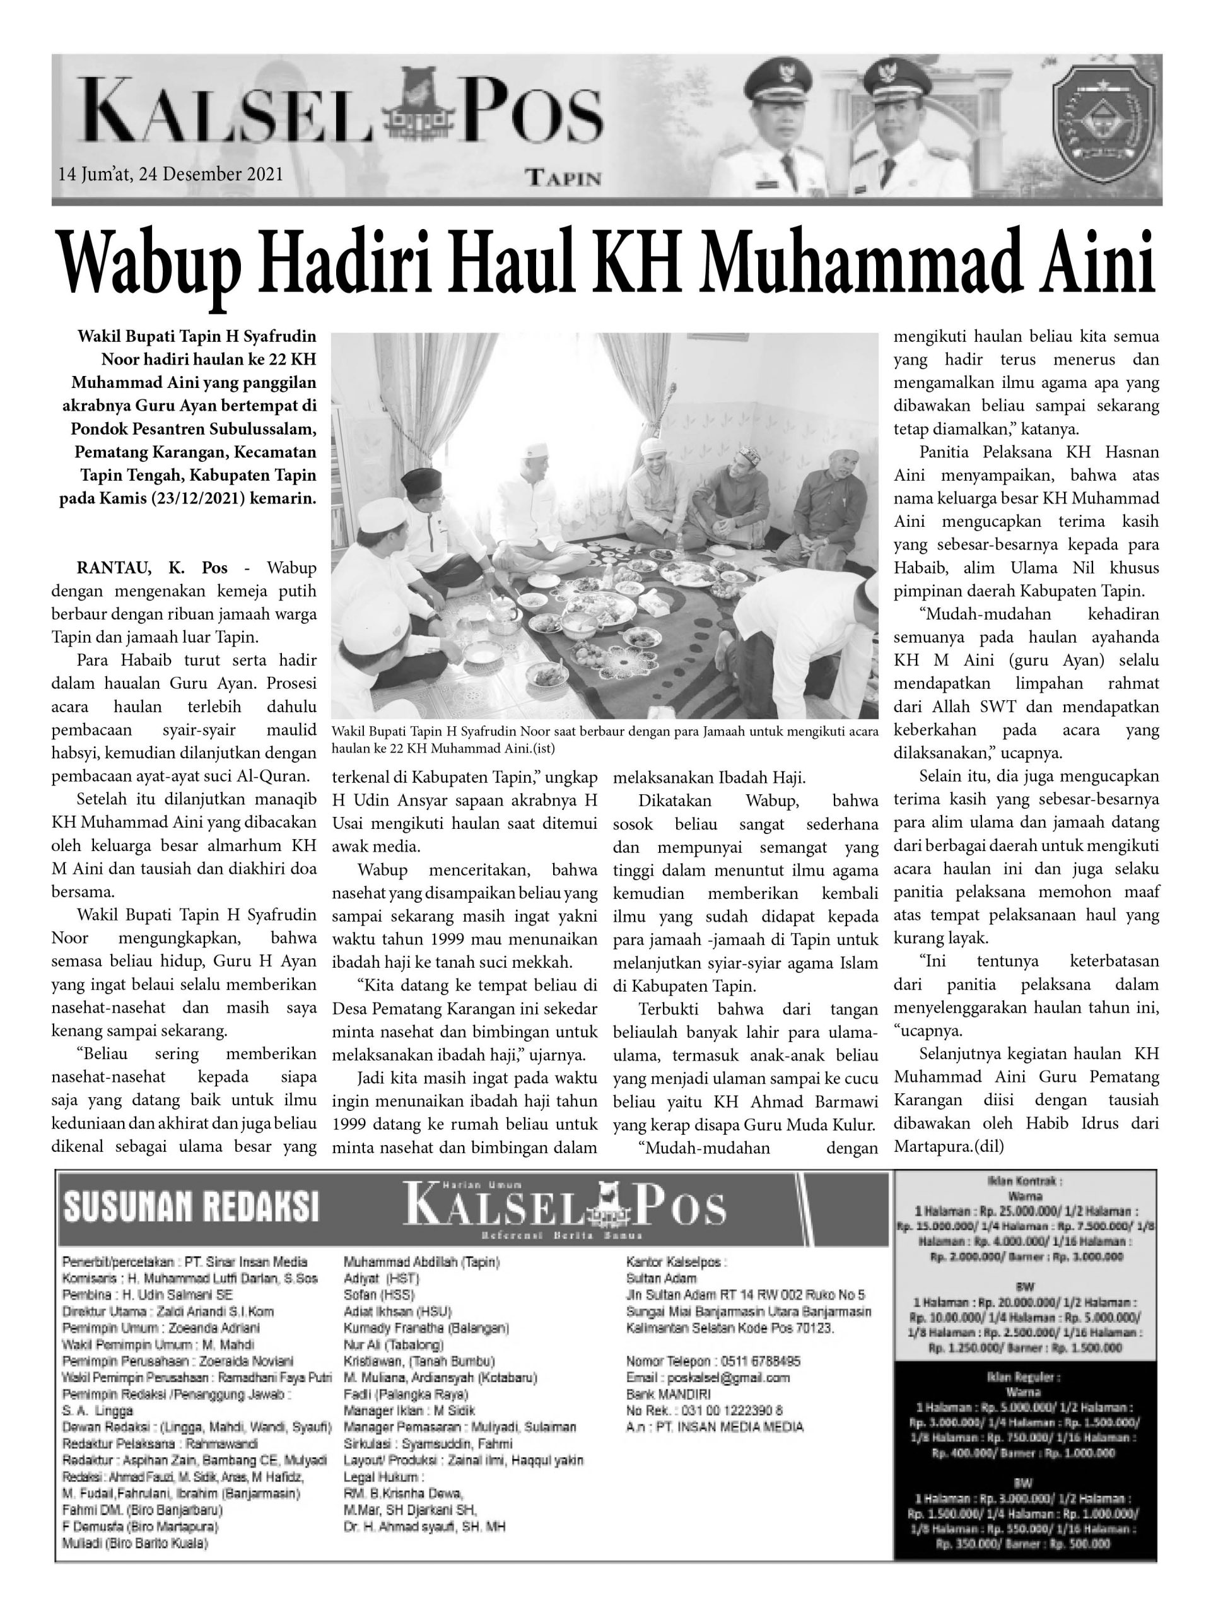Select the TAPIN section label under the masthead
coord(563,178)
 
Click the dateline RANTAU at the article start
coord(113,567)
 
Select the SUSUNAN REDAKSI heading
coord(191,1206)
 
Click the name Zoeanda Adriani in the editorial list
coord(213,1328)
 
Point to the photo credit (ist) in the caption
coord(541,748)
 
